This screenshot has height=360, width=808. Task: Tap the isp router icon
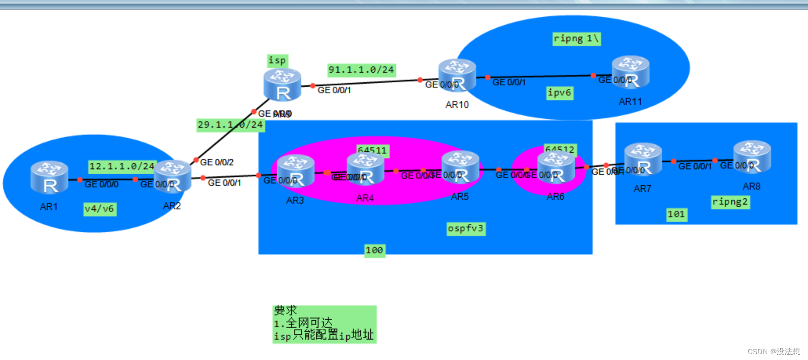pos(282,85)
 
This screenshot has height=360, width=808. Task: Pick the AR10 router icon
pos(457,76)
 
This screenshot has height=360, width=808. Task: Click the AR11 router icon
pos(630,73)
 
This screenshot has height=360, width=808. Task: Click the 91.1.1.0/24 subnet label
pos(361,70)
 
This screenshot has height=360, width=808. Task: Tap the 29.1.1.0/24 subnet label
pos(231,125)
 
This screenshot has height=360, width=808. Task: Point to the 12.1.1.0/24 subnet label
pos(122,166)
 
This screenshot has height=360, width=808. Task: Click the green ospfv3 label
pos(466,228)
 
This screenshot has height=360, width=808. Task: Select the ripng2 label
pos(730,202)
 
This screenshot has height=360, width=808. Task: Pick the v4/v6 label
pos(100,209)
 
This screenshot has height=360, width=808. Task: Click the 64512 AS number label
pos(560,150)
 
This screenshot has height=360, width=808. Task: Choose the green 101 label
pos(676,214)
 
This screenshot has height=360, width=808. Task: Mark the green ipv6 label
pos(560,93)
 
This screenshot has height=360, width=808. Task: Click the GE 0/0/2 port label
pos(217,162)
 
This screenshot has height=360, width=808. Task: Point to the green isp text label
pos(277,60)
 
